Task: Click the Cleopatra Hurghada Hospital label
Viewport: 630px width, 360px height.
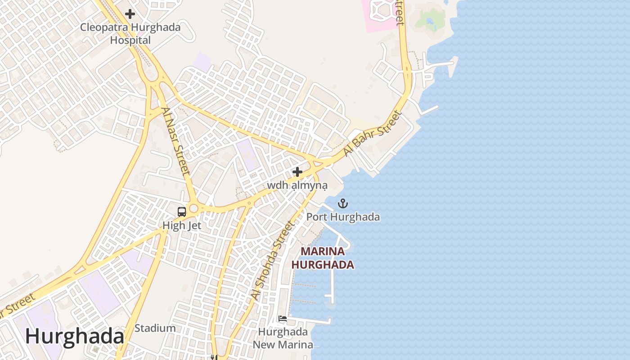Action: point(130,34)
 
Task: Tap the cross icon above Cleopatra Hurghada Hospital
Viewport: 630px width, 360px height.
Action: point(130,14)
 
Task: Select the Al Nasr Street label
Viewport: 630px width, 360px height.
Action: point(175,141)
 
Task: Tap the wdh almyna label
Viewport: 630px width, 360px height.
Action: point(297,185)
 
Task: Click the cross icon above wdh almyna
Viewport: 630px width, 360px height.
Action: point(297,171)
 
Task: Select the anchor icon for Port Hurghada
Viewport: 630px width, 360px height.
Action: point(343,204)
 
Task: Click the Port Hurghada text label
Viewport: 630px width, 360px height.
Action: point(343,217)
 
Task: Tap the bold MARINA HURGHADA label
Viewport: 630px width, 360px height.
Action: point(323,258)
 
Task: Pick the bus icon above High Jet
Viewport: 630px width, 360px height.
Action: point(182,212)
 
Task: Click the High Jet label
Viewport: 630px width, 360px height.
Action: point(182,225)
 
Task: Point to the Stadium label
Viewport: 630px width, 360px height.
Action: point(155,328)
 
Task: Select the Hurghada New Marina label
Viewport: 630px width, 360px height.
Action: point(283,338)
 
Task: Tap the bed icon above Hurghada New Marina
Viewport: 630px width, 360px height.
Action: point(283,319)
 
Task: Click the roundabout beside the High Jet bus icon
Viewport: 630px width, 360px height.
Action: point(194,208)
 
